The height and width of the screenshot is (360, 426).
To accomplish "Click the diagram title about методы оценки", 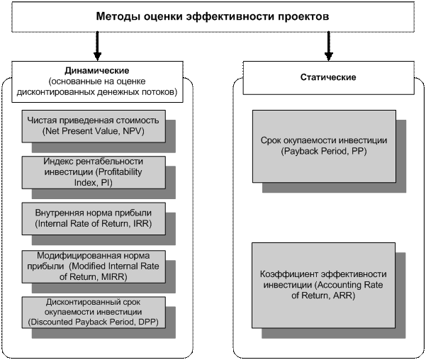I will [213, 16].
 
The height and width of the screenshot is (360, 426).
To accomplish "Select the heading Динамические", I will [96, 71].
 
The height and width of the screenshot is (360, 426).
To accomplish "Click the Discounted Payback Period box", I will [94, 312].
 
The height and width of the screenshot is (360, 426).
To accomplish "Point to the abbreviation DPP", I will [147, 322].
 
